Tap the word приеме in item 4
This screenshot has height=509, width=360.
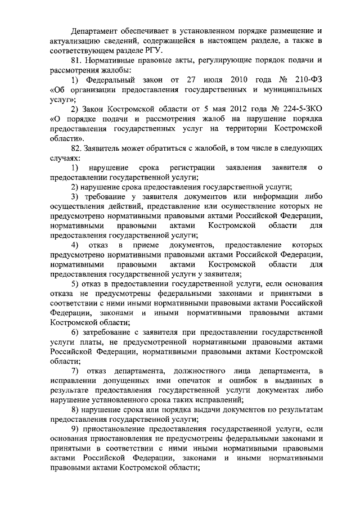click(x=147, y=246)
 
